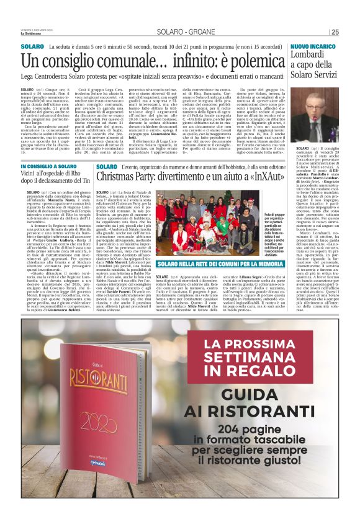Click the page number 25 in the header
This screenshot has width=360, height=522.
coord(335,32)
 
